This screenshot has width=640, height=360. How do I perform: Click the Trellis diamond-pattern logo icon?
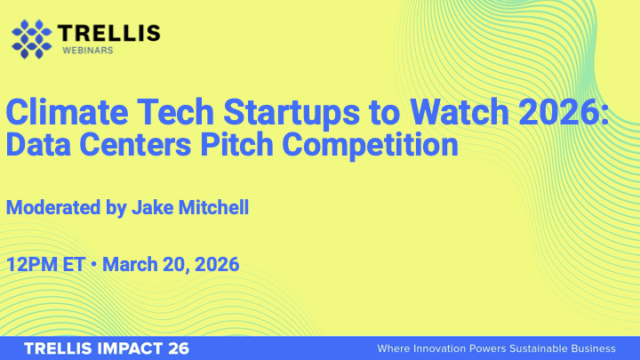coord(31,37)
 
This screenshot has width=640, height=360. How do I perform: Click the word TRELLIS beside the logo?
coord(109,33)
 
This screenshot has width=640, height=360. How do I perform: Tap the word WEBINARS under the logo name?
coord(87,51)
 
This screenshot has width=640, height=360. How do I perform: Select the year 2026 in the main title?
coord(560,114)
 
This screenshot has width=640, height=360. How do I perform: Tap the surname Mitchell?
coord(213,208)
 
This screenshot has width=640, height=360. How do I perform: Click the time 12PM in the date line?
coord(32,264)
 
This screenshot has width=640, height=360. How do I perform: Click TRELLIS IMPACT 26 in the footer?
coord(106,348)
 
